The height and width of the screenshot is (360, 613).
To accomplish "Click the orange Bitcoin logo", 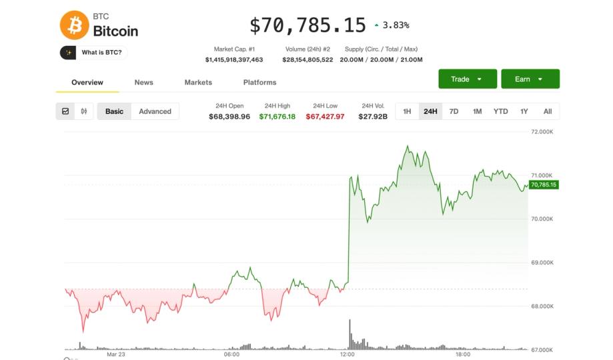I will tap(74, 25).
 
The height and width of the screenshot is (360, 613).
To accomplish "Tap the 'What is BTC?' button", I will tap(93, 52).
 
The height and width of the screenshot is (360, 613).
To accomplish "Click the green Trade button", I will tap(467, 79).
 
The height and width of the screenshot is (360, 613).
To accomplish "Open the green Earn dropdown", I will tap(530, 79).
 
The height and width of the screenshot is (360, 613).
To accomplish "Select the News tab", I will tap(143, 82).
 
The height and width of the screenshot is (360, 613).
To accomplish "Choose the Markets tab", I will tap(198, 82).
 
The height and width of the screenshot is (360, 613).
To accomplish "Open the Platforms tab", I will tap(259, 82).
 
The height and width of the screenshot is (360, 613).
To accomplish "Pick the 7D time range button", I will tap(454, 111).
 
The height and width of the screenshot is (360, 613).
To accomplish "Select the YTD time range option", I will tap(500, 111).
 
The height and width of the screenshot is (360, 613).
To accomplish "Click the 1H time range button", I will tap(407, 111).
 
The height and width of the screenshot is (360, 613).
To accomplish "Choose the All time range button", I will tap(548, 111).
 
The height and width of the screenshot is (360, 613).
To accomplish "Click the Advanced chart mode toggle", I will tap(155, 111).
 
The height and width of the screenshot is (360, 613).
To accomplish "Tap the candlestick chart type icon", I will tap(84, 111).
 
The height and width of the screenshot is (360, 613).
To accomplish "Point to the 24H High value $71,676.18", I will tap(277, 117).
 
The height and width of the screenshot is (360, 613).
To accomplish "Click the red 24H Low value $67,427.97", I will tap(326, 117).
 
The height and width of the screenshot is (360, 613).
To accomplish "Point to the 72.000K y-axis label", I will tap(542, 132).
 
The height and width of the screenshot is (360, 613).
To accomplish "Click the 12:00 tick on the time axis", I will tap(347, 355).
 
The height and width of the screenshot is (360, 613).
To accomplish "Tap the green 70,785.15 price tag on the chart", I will tap(544, 185).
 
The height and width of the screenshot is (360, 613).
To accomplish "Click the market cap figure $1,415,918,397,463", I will tap(234, 59).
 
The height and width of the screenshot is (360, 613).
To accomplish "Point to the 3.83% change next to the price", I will tap(396, 25).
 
